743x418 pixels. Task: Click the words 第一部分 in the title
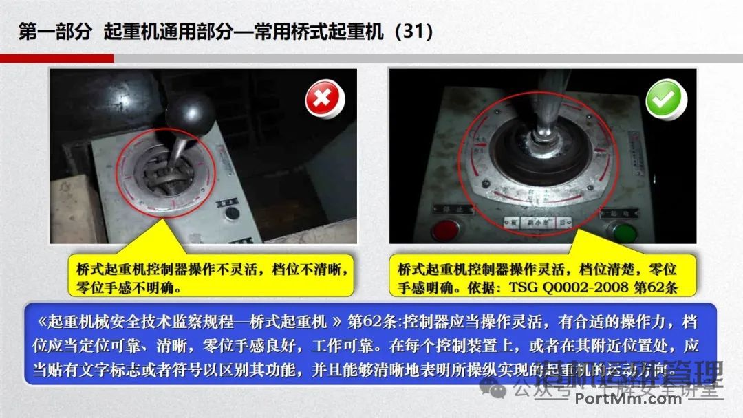(54, 32)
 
